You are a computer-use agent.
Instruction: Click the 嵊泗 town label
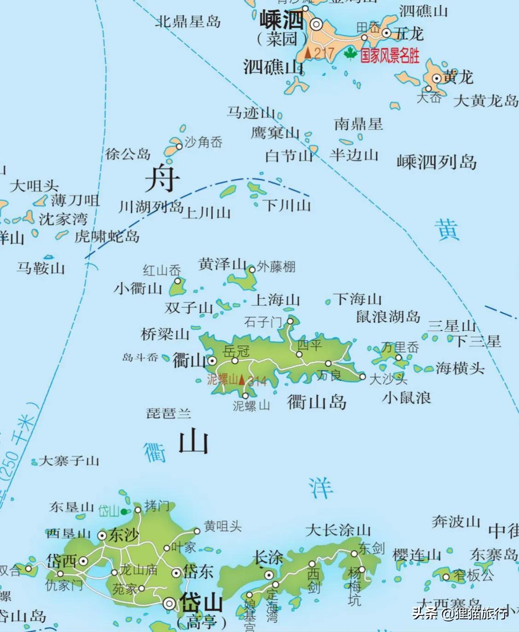(281, 20)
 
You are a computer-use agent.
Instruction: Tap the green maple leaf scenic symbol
(350, 54)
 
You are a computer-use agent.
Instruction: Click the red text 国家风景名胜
(390, 56)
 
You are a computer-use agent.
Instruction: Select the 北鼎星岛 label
(188, 22)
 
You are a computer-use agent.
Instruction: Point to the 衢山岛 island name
(316, 402)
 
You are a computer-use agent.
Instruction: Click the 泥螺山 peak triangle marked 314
(242, 380)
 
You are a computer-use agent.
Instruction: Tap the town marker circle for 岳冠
(235, 360)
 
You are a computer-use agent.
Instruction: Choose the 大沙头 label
(388, 379)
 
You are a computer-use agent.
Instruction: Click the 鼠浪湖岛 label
(388, 317)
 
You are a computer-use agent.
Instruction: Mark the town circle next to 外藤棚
(252, 269)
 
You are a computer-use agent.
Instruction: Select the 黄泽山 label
(222, 265)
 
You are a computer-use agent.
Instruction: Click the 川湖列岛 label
(151, 207)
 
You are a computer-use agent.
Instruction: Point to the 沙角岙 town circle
(179, 146)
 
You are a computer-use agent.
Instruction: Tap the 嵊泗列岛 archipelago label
(436, 162)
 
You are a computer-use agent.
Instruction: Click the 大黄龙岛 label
(485, 101)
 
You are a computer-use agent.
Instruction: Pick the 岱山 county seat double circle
(170, 603)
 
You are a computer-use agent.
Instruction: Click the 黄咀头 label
(222, 526)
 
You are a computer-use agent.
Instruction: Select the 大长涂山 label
(338, 530)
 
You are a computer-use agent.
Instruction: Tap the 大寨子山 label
(69, 460)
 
